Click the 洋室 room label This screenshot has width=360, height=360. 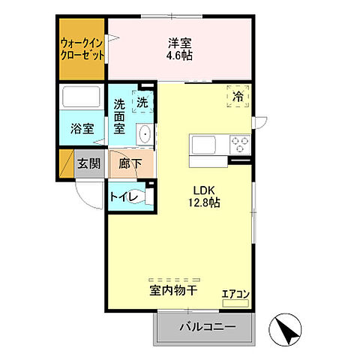point(179,42)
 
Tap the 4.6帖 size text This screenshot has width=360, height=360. point(179,55)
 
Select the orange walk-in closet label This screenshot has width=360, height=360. point(82,49)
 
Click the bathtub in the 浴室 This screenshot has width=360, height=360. point(82,98)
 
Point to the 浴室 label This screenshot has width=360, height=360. point(82,129)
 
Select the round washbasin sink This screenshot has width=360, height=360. point(145,134)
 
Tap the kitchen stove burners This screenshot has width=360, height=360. point(240,143)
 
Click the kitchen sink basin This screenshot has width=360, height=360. point(203,143)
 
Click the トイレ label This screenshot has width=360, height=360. point(122,197)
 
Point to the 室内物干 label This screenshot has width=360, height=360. point(173,288)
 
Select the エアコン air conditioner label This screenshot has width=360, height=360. point(235,293)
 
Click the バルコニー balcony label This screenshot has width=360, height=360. point(207,326)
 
